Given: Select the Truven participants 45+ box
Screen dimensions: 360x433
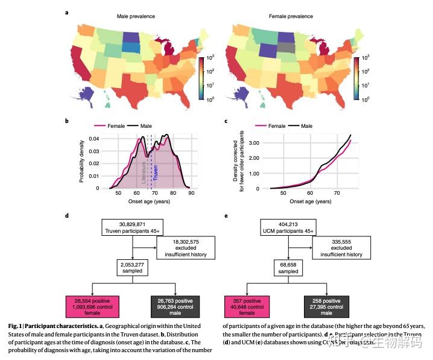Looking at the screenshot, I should [x=132, y=226].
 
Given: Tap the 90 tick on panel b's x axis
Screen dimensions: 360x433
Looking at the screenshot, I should [x=191, y=194].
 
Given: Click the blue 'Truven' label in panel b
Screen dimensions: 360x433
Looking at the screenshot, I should [x=156, y=173].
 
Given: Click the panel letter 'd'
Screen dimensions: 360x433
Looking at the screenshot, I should [x=67, y=214].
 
